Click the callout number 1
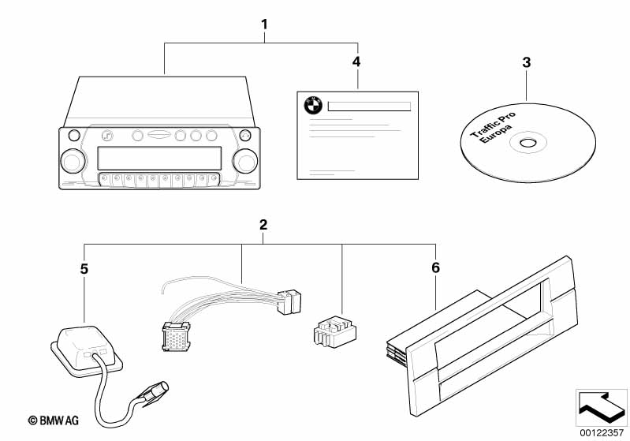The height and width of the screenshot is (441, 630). pyautogui.click(x=264, y=24)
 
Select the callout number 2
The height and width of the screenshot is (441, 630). pyautogui.click(x=263, y=225)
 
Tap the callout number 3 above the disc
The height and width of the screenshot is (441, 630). pyautogui.click(x=527, y=62)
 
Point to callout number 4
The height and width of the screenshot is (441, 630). pyautogui.click(x=356, y=62)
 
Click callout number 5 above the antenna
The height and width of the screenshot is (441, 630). pyautogui.click(x=84, y=269)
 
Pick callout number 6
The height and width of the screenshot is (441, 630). pyautogui.click(x=436, y=267)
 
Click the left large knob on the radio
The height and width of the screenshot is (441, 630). pyautogui.click(x=73, y=161)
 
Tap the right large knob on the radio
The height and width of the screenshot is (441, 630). pyautogui.click(x=245, y=161)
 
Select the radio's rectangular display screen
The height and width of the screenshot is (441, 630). pyautogui.click(x=159, y=158)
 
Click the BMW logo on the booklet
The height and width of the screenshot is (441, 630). pyautogui.click(x=313, y=106)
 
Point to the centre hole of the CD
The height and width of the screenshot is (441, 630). pyautogui.click(x=527, y=143)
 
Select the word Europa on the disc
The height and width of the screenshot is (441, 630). pyautogui.click(x=497, y=134)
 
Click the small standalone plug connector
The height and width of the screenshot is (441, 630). pyautogui.click(x=334, y=331)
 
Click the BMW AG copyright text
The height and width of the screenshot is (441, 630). pyautogui.click(x=54, y=420)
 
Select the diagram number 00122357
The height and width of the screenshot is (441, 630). pyautogui.click(x=602, y=433)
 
